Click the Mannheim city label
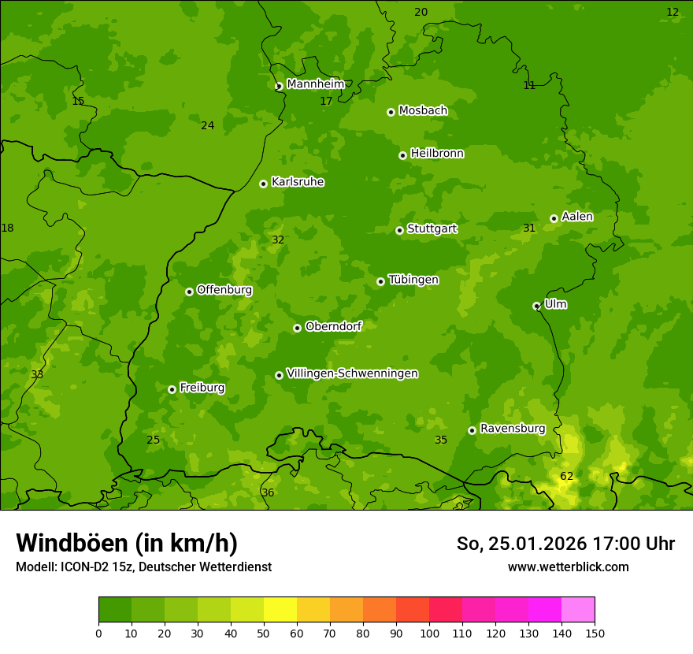point(315,84)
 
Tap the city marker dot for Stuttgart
point(399,230)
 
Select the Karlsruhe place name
point(298,182)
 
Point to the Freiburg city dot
point(172,389)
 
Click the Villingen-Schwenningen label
point(352,373)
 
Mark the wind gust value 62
point(567,477)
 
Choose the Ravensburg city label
point(513,429)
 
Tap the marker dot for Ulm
point(536,306)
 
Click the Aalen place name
point(577,217)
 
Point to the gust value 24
point(207,126)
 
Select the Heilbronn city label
point(437,154)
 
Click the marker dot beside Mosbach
point(391,112)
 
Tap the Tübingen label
point(413,280)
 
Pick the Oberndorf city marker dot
point(297,328)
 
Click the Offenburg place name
point(224,290)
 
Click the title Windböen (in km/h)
point(127,543)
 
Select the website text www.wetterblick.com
point(568,567)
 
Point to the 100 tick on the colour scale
point(429,634)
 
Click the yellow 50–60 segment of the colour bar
point(280,610)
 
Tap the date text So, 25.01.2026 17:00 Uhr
point(565,544)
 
